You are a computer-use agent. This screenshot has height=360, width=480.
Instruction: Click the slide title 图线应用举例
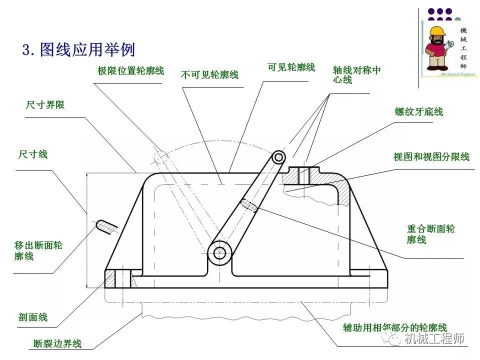[x=78, y=50]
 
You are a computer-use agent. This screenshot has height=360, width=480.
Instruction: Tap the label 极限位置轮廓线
[x=130, y=71]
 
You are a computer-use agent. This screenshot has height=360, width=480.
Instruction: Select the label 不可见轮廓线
[x=209, y=75]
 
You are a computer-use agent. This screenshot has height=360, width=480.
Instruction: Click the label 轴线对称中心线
[x=356, y=74]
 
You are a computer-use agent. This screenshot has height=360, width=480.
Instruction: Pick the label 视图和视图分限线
[x=431, y=157]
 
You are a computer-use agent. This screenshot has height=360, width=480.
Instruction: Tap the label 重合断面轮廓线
[x=430, y=234]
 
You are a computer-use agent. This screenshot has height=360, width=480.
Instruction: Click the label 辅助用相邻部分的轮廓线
[x=394, y=328]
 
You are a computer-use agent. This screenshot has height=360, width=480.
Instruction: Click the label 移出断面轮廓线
[x=38, y=250]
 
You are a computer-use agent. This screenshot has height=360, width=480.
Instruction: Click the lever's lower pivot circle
[x=219, y=253]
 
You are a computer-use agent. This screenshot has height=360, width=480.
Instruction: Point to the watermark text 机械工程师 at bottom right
[x=434, y=339]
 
